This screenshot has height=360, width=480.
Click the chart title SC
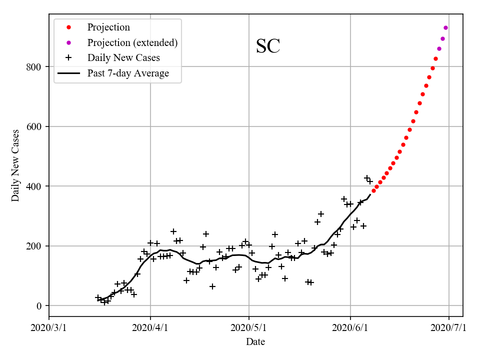(x=268, y=46)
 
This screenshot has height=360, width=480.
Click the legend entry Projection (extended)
(x=132, y=42)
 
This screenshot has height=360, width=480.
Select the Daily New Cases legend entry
(x=123, y=57)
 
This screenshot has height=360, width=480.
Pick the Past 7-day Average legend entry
(x=128, y=73)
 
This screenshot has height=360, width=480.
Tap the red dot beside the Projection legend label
(x=69, y=27)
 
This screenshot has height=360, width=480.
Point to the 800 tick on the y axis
(x=35, y=67)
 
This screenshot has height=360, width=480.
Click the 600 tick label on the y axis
(x=35, y=126)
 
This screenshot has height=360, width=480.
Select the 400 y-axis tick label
(x=35, y=186)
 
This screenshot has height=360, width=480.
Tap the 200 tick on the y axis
(x=35, y=246)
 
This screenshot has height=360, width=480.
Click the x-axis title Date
(x=255, y=342)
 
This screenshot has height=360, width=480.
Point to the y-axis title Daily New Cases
(x=15, y=165)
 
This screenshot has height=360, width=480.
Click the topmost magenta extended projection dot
(x=445, y=27)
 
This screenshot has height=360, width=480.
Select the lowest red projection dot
(x=373, y=190)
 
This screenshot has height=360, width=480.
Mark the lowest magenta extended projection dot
(x=439, y=48)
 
